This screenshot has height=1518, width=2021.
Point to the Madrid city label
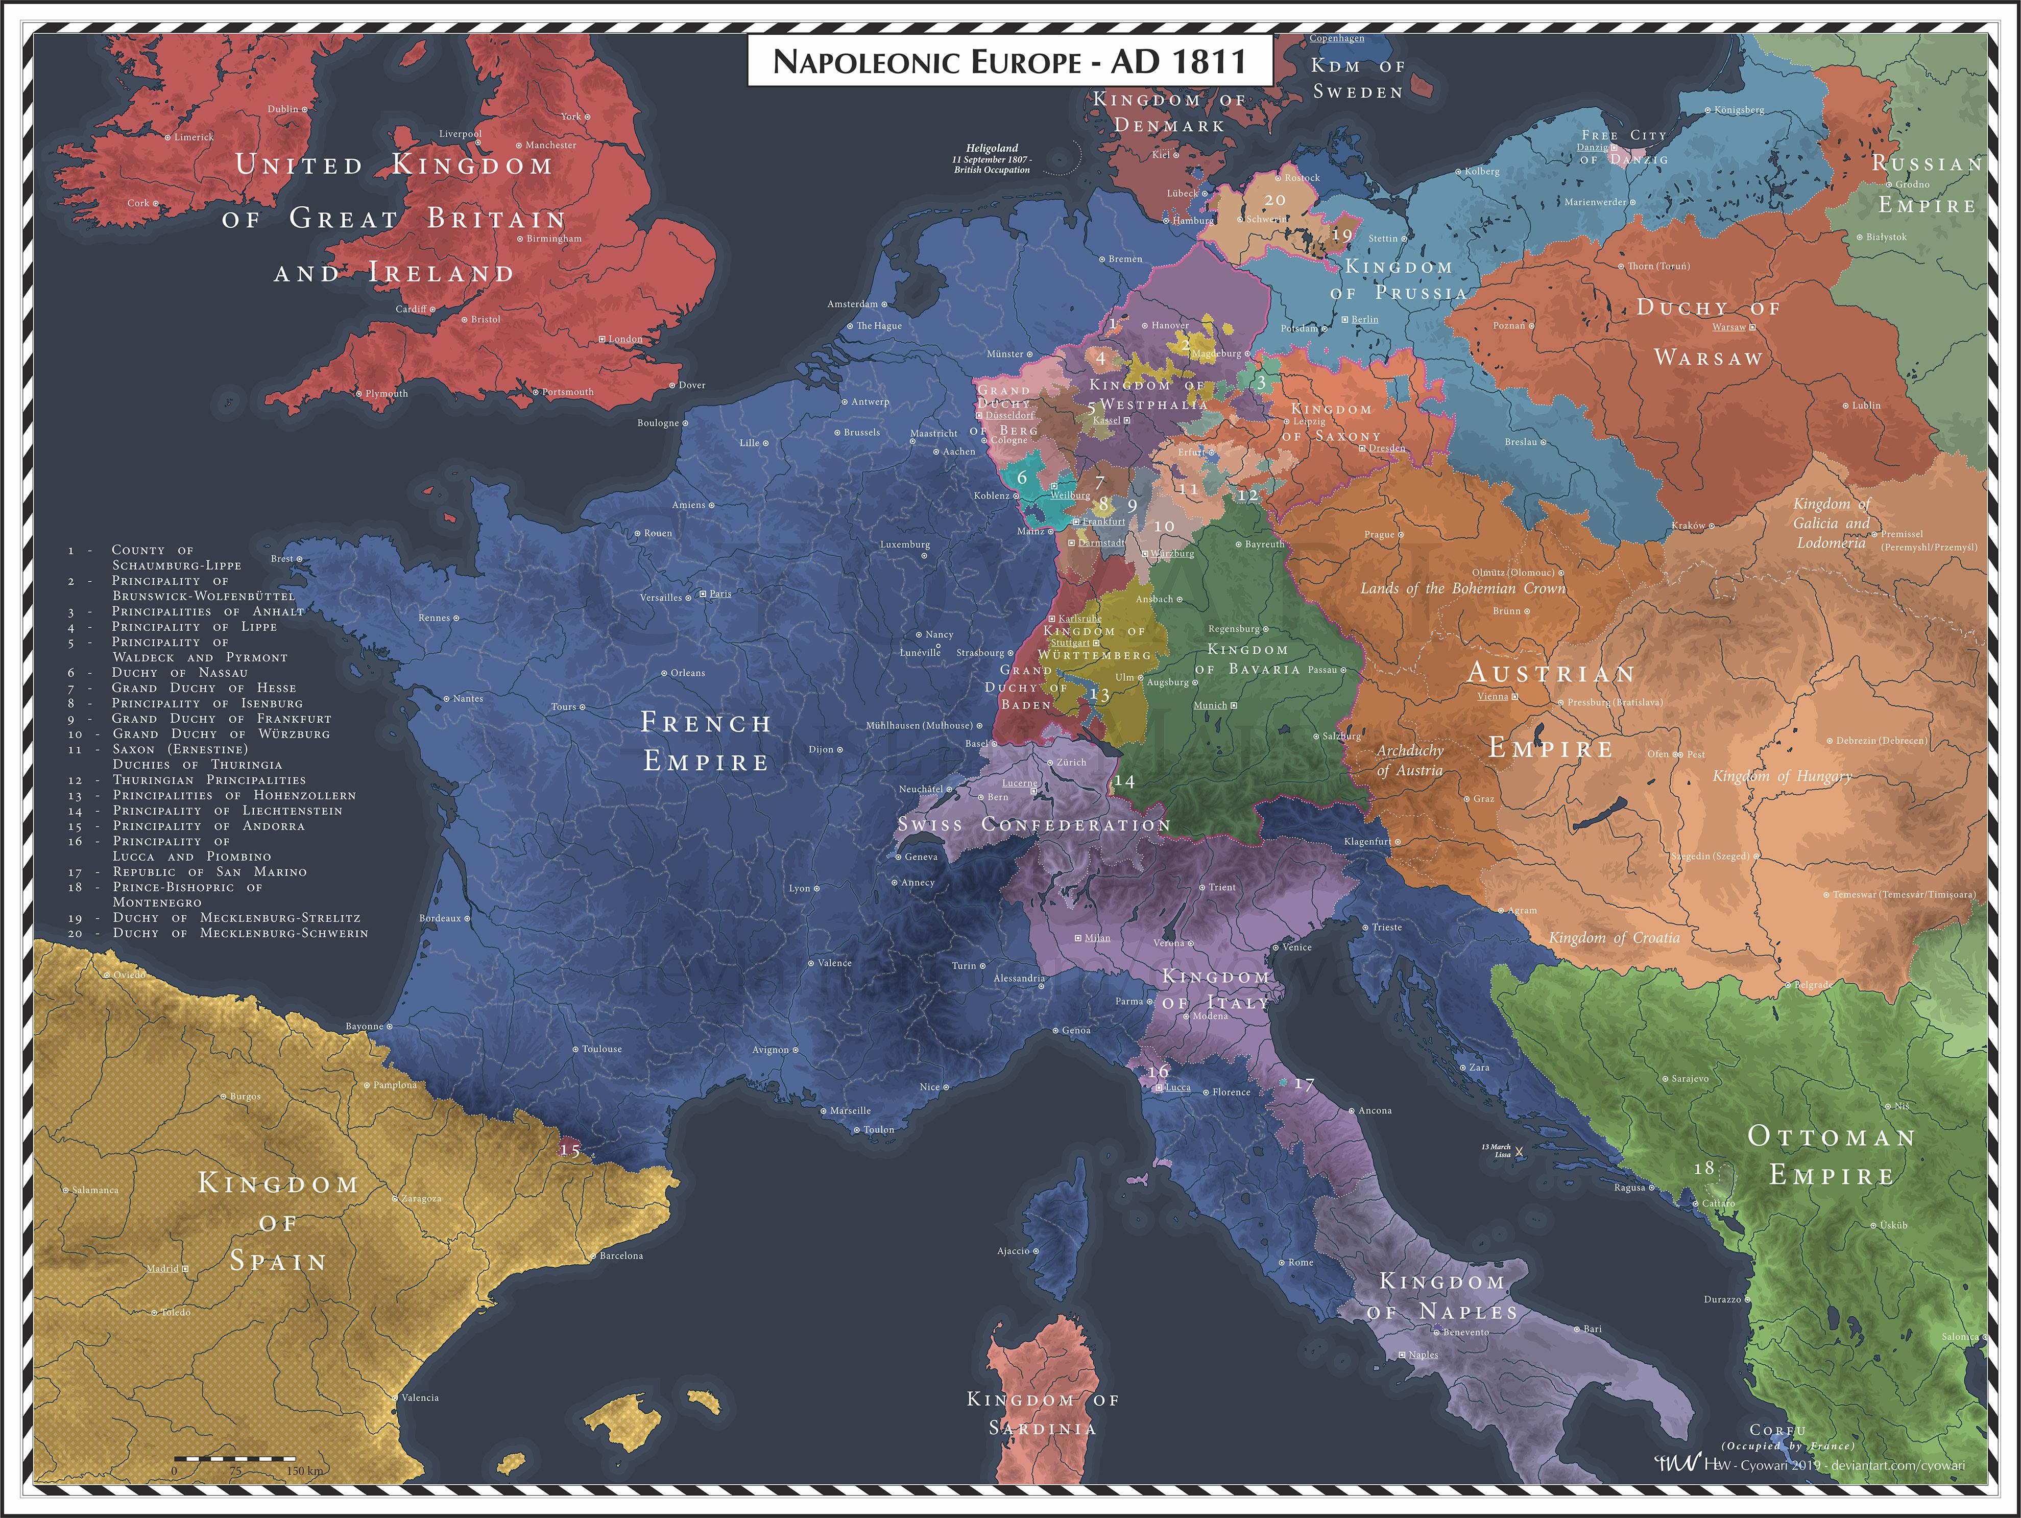(163, 1269)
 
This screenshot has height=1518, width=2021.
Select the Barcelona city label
(621, 1255)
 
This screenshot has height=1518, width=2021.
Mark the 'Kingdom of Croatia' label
(1614, 938)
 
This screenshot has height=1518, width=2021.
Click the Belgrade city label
(1812, 985)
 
